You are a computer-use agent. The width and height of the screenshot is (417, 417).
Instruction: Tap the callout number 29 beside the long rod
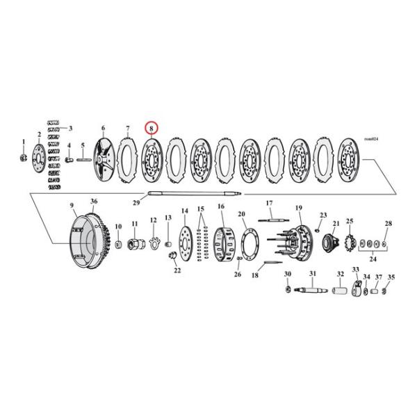136,202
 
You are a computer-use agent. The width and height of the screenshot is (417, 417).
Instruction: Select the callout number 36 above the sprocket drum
95,202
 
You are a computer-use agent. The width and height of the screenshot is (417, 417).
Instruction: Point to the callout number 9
71,205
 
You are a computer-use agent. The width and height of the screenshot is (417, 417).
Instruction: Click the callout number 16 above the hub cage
220,206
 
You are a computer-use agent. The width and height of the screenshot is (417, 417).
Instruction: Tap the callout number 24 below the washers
373,259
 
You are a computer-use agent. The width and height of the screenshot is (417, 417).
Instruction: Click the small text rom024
372,159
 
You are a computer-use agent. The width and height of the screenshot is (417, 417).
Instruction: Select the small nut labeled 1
24,158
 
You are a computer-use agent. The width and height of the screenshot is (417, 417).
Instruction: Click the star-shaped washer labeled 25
350,243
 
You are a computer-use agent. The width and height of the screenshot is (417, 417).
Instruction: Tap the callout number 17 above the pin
269,203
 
